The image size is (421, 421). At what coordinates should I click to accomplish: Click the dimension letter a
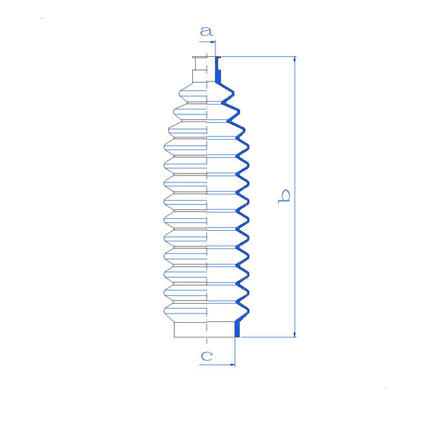point(206,31)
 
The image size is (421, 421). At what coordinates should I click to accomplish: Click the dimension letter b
point(284,196)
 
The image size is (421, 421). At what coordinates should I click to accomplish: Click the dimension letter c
point(207,356)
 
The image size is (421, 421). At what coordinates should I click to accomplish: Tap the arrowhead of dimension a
point(213,42)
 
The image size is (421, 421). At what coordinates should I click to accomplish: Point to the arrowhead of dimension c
point(232,365)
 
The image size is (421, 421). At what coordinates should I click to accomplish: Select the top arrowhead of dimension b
point(295,60)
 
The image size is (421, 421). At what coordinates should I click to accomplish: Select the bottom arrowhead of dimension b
point(295,334)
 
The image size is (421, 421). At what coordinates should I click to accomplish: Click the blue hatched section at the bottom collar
point(237,330)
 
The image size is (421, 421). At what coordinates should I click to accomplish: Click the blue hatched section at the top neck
point(218,71)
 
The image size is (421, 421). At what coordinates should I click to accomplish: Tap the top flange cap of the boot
point(200,58)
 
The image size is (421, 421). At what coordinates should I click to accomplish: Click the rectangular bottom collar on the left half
point(190,330)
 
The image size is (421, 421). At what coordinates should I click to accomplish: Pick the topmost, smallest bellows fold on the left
point(193,93)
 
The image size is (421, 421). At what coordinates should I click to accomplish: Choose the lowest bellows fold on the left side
point(185,312)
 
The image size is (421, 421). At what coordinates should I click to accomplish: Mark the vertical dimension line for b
point(295,196)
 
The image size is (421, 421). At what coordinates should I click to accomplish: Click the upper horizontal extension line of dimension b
point(258,57)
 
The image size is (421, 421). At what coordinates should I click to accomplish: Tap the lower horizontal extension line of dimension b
point(268,337)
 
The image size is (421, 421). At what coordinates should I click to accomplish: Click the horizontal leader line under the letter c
point(217,365)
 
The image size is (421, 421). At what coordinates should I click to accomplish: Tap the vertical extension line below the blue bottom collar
point(235,352)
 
